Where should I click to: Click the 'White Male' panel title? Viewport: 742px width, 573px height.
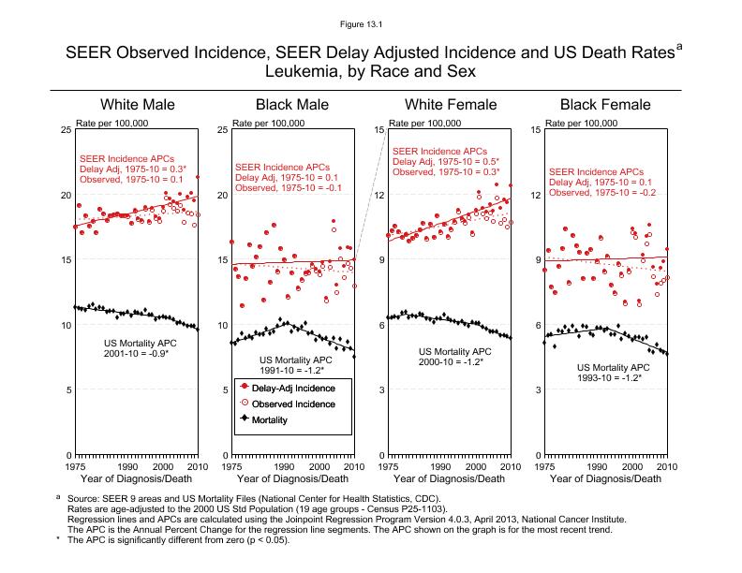[138, 105]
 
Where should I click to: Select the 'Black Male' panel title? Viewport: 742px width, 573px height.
[293, 105]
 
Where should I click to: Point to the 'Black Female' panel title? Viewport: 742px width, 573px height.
[605, 105]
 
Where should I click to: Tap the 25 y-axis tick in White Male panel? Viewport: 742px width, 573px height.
[66, 130]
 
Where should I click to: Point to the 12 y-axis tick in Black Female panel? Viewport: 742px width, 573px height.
[535, 195]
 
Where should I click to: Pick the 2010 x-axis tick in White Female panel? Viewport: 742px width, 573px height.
[510, 465]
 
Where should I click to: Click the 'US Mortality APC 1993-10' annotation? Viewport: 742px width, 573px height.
[614, 373]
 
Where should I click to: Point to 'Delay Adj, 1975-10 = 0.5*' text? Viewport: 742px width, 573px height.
[446, 161]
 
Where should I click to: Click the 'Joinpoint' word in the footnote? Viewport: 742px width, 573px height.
[365, 519]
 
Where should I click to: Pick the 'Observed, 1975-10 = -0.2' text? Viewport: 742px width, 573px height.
[601, 193]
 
